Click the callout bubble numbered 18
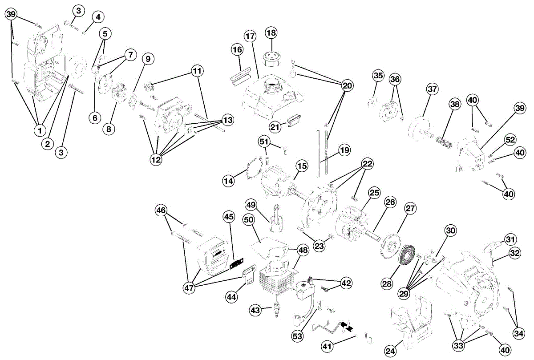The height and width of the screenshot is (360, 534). pyautogui.click(x=271, y=32)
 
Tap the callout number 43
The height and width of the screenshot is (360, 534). pyautogui.click(x=255, y=310)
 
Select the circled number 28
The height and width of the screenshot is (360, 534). pyautogui.click(x=387, y=284)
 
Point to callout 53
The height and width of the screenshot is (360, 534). pyautogui.click(x=297, y=336)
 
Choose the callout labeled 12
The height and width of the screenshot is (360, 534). pyautogui.click(x=156, y=160)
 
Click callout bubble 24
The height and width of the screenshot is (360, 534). pyautogui.click(x=390, y=351)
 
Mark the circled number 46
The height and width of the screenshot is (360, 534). pyautogui.click(x=161, y=210)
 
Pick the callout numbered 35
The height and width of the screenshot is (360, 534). pyautogui.click(x=378, y=76)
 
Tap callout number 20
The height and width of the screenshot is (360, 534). pyautogui.click(x=348, y=85)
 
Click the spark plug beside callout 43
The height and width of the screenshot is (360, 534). pyautogui.click(x=276, y=309)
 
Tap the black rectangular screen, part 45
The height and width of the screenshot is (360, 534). pyautogui.click(x=236, y=264)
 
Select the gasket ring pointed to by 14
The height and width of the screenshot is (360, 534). pyautogui.click(x=249, y=170)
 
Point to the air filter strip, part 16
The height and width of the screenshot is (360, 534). pyautogui.click(x=241, y=76)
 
